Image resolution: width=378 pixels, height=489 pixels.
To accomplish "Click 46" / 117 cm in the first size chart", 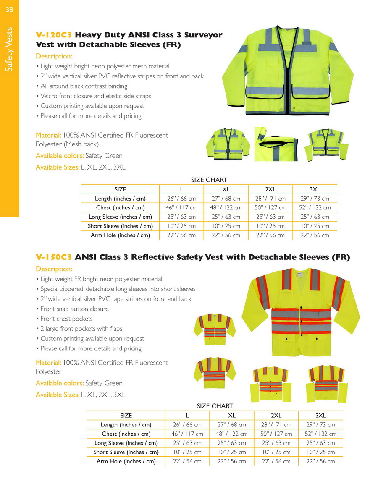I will (182, 208).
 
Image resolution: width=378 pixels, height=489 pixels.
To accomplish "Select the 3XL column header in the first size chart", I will (315, 190).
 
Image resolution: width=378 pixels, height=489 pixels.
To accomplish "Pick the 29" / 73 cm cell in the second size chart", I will (320, 425).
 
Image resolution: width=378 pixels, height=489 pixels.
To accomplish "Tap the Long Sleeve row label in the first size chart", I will (120, 217).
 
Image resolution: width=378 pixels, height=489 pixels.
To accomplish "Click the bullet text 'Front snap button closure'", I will (74, 309).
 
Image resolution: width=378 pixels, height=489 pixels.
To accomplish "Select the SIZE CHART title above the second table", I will (215, 406).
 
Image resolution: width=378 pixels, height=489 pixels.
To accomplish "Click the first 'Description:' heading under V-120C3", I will (54, 56).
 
